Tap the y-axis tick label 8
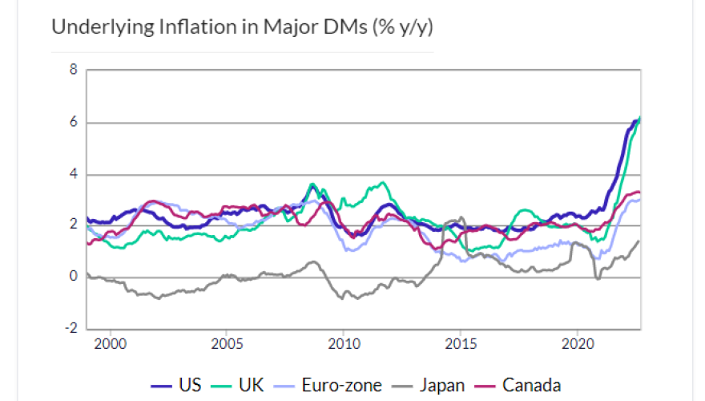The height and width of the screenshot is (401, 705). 74,70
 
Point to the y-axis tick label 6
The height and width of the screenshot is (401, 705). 74,122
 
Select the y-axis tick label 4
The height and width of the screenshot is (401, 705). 74,174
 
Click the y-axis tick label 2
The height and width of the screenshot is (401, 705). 74,225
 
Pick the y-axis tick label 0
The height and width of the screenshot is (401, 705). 74,277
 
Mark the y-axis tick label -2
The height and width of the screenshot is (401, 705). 71,328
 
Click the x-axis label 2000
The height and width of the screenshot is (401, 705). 110,343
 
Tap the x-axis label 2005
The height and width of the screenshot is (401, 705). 227,343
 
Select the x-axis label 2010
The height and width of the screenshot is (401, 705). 343,343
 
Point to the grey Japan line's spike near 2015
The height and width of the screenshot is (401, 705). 461,218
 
